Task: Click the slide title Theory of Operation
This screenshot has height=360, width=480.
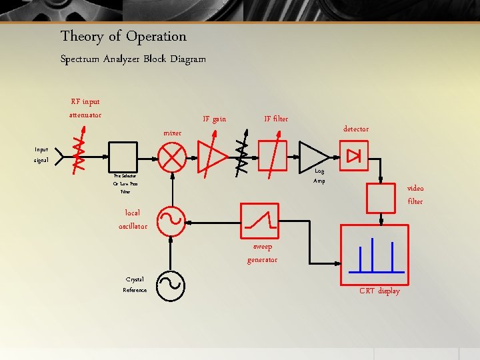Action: point(123,37)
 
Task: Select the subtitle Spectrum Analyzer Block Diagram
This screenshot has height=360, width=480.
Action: point(133,59)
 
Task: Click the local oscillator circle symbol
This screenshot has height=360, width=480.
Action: point(171,219)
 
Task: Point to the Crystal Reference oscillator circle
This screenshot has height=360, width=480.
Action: point(171,284)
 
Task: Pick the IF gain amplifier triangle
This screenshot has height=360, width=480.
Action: point(214,157)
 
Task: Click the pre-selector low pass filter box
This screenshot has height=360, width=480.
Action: point(123,157)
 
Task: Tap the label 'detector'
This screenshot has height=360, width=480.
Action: point(355,129)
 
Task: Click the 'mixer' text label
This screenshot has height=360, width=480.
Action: point(172,133)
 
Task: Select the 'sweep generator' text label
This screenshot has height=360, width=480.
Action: point(262,253)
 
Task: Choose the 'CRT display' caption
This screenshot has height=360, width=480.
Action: point(379,291)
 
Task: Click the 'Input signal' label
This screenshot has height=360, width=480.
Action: point(41,155)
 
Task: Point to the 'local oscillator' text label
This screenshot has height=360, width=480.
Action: point(133,219)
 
